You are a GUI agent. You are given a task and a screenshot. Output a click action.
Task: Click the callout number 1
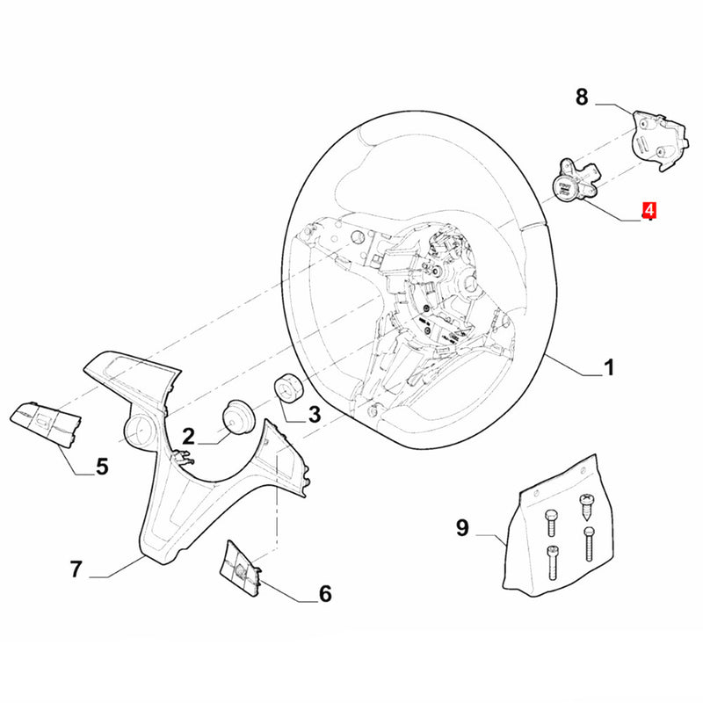[609, 367]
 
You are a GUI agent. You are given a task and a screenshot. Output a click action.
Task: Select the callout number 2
[188, 436]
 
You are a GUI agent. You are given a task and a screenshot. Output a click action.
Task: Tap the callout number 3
[315, 415]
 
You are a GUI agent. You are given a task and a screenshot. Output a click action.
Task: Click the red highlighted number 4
[649, 211]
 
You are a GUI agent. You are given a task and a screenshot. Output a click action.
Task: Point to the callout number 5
[102, 467]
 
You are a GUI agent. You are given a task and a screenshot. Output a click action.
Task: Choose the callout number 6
[325, 594]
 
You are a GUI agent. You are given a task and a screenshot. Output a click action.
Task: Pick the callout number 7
[76, 569]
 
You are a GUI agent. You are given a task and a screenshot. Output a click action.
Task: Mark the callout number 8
[582, 97]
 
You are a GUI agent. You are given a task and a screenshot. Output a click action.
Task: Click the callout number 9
[462, 527]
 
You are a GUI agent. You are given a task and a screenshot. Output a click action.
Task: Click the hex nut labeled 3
[288, 388]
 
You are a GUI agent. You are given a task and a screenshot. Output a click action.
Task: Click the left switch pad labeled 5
[46, 424]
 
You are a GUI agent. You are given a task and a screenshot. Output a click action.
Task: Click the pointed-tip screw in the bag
[585, 507]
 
